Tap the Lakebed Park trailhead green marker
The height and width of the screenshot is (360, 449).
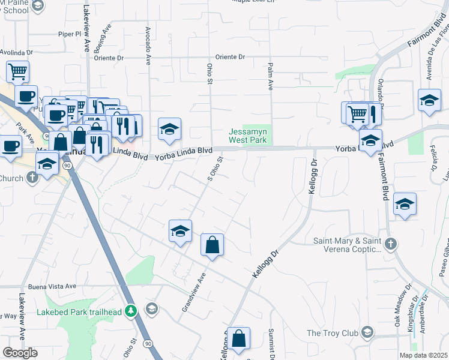coord(132,311)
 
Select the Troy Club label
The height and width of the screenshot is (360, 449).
coord(332,333)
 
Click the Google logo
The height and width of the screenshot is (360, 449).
coord(20,352)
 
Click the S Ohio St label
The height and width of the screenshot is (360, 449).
coord(215,169)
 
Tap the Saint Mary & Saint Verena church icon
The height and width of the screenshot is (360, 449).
coord(391,244)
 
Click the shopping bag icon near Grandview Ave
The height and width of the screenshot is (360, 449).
coord(212,245)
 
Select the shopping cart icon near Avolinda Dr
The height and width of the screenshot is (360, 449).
coord(18,72)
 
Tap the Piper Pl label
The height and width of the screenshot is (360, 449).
coord(69,34)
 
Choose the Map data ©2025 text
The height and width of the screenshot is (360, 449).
coord(423,355)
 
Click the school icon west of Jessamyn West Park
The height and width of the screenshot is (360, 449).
coord(170,128)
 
